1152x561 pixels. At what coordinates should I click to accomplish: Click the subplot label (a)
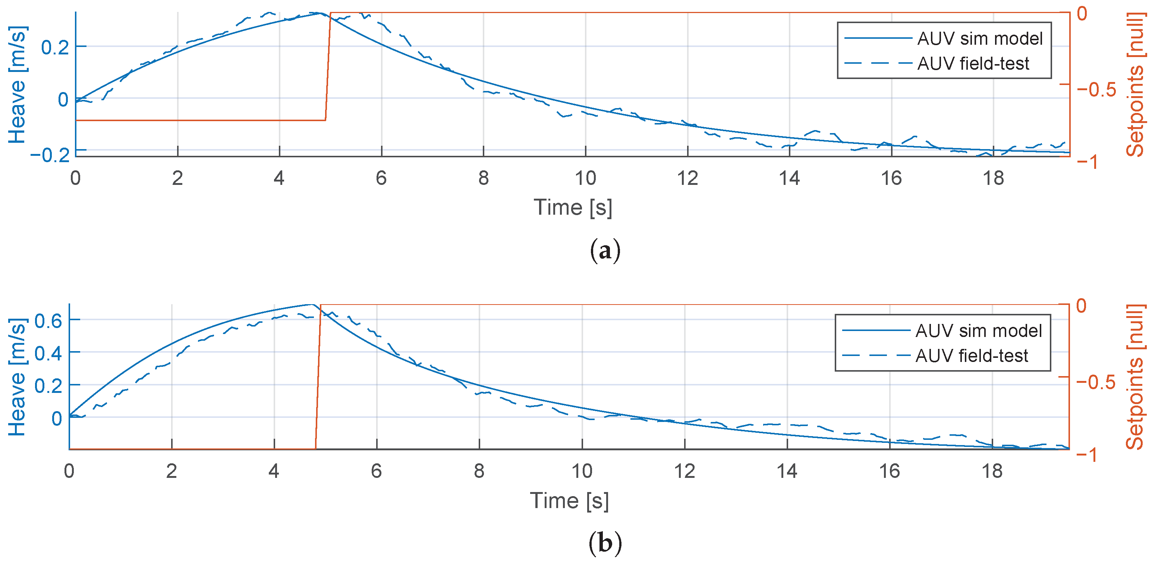tap(605, 251)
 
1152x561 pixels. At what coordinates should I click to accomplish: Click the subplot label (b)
tap(605, 543)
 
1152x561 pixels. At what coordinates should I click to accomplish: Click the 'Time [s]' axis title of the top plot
tap(572, 207)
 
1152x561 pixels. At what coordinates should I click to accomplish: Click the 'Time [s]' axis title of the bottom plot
tap(569, 500)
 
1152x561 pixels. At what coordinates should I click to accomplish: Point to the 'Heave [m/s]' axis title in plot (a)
tap(18, 85)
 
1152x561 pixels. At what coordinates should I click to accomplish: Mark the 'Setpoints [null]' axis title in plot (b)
tap(1134, 377)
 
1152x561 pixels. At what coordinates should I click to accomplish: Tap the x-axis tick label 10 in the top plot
tap(585, 178)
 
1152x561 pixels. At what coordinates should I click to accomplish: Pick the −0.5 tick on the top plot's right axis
tap(1096, 89)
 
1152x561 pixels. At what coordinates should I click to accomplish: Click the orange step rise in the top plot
tap(328, 67)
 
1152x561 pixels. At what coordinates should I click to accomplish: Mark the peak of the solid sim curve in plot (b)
tap(312, 305)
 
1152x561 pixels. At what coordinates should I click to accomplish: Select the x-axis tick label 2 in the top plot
tap(177, 178)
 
